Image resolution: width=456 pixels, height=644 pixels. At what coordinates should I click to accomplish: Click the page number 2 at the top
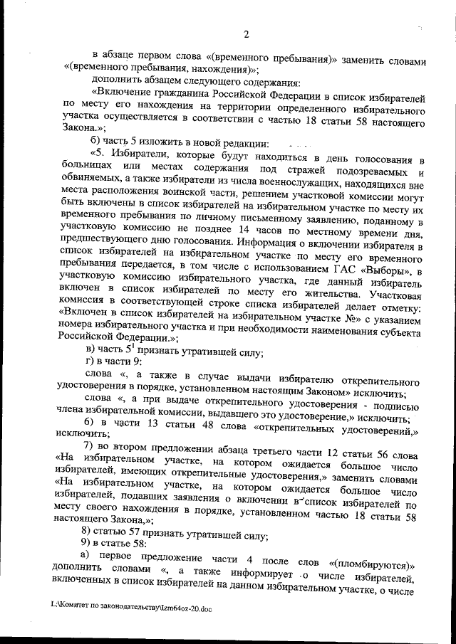coord(245,34)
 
